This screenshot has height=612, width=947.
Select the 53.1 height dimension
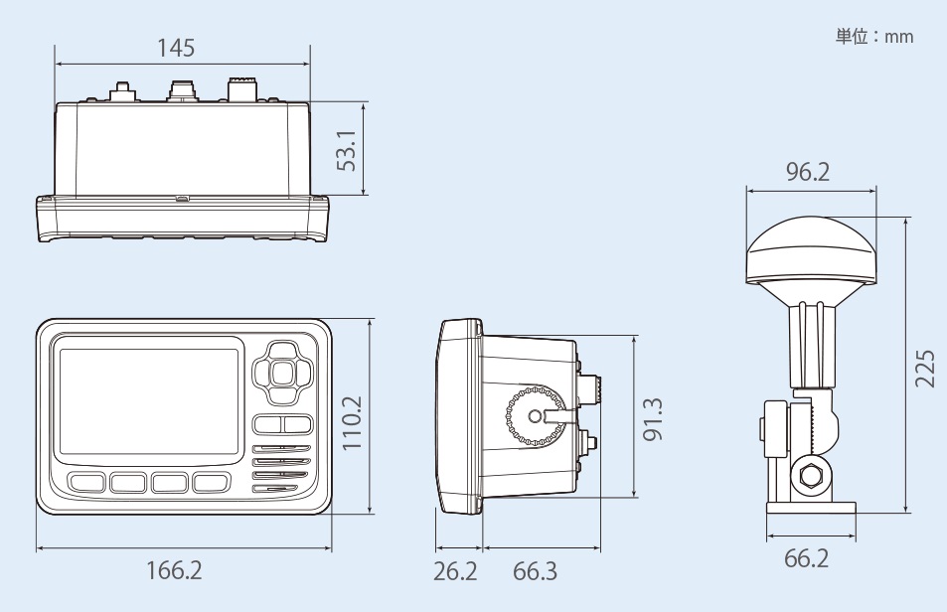pyautogui.click(x=346, y=148)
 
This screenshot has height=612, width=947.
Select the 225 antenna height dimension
pyautogui.click(x=924, y=370)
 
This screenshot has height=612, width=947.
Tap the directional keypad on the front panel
pyautogui.click(x=281, y=374)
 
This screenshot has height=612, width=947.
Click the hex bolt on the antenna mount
pyautogui.click(x=807, y=476)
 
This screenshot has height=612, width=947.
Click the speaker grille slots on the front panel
pyautogui.click(x=282, y=468)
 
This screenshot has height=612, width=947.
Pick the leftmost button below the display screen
pyautogui.click(x=86, y=483)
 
